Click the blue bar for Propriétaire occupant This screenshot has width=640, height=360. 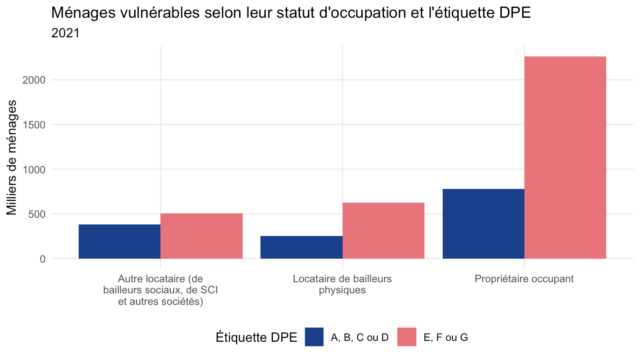pos(484,224)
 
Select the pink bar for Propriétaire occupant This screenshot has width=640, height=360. pos(565,158)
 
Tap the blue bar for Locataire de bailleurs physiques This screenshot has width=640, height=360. pos(301,248)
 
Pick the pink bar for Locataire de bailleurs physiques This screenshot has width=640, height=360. pos(384,231)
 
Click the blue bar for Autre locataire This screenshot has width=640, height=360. pos(120,242)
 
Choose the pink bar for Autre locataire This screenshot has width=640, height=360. pos(201,236)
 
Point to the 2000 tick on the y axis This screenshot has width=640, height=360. pos(34,80)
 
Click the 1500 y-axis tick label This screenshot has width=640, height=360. pos(34,125)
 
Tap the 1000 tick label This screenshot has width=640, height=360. pos(34,170)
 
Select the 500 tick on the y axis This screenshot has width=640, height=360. pos(37,214)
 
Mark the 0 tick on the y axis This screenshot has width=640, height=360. pos(43,259)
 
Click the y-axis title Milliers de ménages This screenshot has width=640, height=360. pos(12,157)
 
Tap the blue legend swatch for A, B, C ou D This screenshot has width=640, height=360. pos(314,337)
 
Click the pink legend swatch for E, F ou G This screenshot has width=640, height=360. pos(407,337)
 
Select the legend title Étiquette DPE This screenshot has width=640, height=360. pos(256,337)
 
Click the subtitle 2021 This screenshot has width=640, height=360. pos(65,33)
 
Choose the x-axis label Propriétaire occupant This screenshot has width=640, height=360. pos(524,279)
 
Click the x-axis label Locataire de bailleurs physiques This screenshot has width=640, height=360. pos(342,284)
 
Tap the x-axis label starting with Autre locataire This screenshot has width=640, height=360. pos(160,290)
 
